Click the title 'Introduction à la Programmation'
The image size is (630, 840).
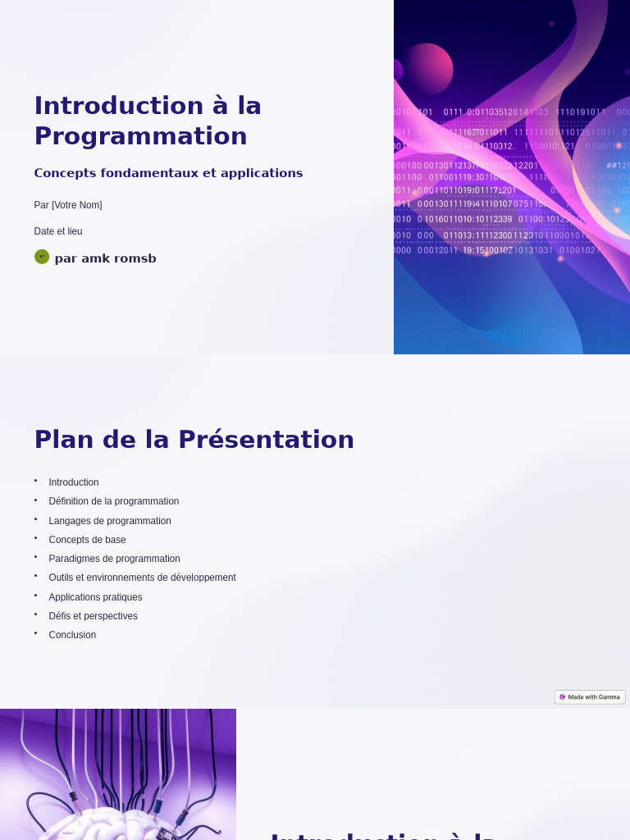tap(148, 121)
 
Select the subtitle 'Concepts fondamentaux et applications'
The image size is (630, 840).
tap(168, 173)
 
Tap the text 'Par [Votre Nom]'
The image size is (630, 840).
tap(68, 205)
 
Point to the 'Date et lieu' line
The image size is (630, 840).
tap(58, 231)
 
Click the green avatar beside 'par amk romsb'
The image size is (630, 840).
tap(42, 257)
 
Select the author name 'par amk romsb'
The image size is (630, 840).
tap(105, 258)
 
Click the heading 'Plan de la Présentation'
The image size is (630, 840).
tap(194, 440)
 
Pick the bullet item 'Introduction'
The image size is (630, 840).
tap(74, 482)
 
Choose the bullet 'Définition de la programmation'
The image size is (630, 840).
tap(113, 501)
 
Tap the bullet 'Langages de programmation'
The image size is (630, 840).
tap(110, 521)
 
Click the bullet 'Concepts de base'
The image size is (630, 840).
tap(87, 540)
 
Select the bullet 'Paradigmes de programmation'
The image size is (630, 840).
tap(114, 559)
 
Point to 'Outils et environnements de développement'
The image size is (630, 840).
tap(142, 577)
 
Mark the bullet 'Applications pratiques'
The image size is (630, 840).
tap(95, 597)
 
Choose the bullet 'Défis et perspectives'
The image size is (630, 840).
tap(93, 616)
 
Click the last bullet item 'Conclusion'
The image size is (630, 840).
tap(72, 635)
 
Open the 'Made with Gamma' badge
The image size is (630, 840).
tap(590, 697)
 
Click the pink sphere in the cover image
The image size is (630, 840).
tap(427, 68)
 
